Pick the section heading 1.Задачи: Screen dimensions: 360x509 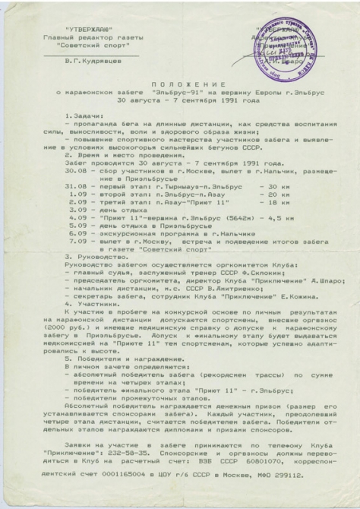click(89, 114)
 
